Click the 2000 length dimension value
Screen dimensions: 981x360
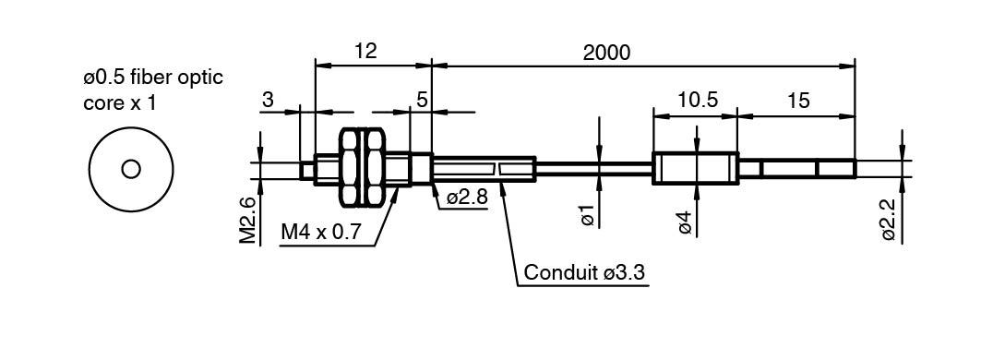tap(606, 53)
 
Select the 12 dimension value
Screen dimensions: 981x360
tap(366, 52)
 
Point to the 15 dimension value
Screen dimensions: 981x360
tap(798, 100)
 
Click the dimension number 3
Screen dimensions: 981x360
tap(268, 100)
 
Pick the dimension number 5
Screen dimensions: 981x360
tap(422, 100)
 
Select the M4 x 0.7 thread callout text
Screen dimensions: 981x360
tap(321, 233)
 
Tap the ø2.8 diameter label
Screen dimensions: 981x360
tap(467, 198)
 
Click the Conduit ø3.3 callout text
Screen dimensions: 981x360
tap(584, 273)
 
